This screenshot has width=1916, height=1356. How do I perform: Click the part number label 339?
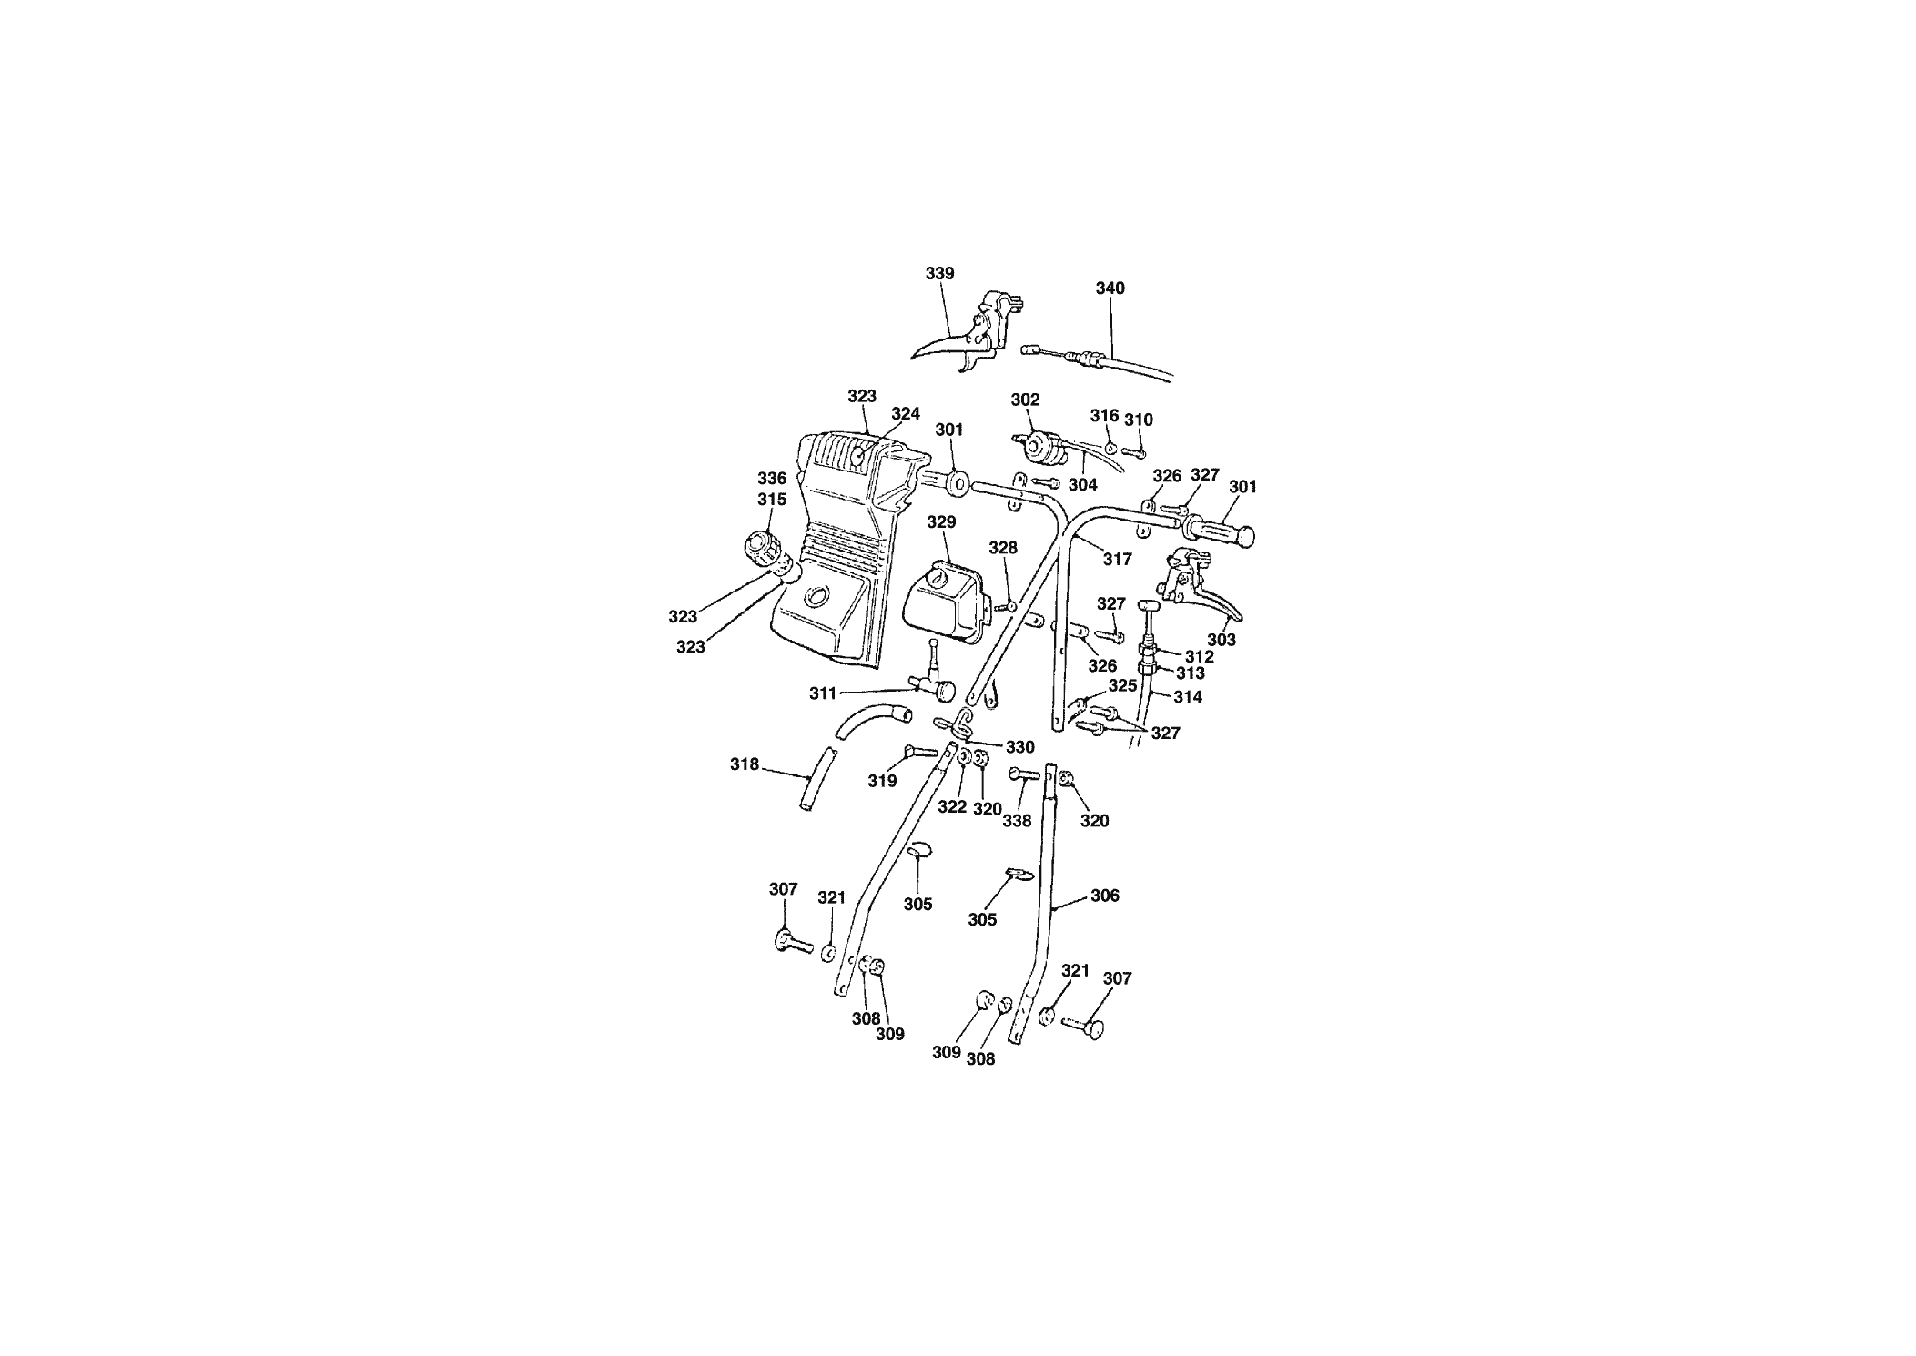(940, 273)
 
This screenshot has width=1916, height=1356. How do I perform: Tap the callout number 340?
(1110, 288)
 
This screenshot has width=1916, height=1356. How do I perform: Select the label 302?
(1025, 400)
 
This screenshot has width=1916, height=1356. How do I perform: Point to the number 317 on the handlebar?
(1117, 559)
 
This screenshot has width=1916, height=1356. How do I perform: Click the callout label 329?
(941, 521)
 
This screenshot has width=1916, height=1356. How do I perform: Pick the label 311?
(823, 693)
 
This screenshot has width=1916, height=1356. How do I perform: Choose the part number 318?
(744, 764)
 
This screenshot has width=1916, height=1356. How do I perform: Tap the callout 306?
(1104, 896)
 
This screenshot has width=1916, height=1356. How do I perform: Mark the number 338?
(1017, 820)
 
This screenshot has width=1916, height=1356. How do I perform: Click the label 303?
(1221, 640)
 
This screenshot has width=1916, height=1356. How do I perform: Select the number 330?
(1019, 747)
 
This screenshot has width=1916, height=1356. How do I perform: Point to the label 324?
(905, 414)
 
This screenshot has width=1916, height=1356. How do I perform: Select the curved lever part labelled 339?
(965, 337)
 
